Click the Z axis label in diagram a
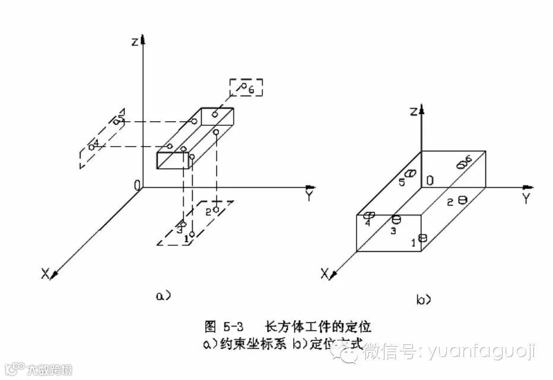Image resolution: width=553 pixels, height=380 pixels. coord(135,42)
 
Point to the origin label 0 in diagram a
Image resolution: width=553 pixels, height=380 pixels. coord(137,186)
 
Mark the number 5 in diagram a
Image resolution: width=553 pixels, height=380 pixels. coord(121,121)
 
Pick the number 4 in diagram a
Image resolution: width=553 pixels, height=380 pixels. coord(97,143)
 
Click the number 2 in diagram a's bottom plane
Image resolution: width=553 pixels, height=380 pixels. coord(208,211)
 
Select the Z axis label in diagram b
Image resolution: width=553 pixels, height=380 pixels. coord(414,111)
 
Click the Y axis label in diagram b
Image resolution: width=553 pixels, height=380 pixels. coord(525,199)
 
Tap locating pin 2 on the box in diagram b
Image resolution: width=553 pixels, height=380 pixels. coord(462,201)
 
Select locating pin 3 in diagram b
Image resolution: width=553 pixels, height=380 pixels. coord(396,219)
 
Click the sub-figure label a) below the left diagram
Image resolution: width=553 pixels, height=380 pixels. coord(163,294)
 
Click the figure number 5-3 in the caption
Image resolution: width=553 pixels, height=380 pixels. coord(233,327)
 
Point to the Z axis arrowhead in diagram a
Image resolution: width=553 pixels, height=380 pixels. coord(143,39)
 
